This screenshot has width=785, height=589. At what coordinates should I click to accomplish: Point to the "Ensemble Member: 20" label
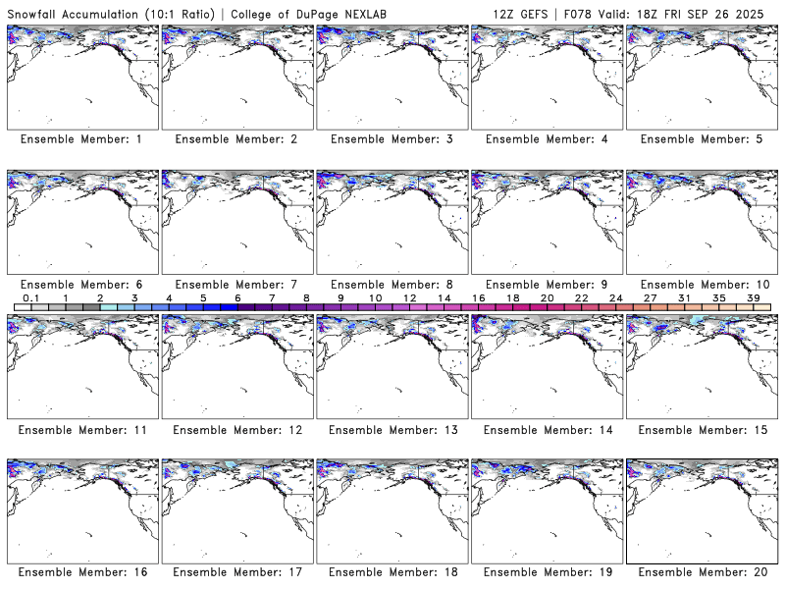point(702,572)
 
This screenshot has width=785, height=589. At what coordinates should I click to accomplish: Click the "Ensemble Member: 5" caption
point(702,139)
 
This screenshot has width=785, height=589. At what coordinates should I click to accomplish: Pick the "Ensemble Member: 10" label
point(702,285)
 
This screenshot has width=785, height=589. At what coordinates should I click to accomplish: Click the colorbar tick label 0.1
point(30,297)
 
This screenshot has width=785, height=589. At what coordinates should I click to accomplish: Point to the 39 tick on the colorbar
point(753,297)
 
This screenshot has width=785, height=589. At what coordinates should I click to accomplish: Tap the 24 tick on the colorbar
point(615,297)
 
